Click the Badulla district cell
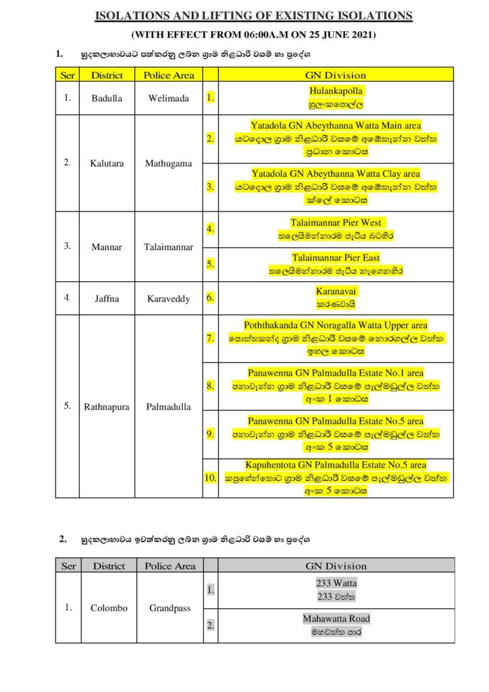coord(107,98)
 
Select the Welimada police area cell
coord(168,98)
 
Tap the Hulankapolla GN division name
coord(336,91)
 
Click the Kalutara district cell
coord(107,163)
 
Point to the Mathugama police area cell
coord(168,163)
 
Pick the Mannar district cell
coord(107,247)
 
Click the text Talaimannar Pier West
coord(336,222)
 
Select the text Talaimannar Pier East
coord(336,257)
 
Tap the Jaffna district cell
coord(107,297)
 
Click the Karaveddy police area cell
coord(168,297)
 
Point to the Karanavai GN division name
coord(336,291)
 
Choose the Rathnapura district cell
coord(107,407)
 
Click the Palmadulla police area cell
coord(168,407)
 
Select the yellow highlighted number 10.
coord(209,477)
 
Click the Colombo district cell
coord(109,608)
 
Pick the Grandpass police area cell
coord(170,608)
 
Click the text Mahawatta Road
coord(336,618)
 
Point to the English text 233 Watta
coord(336,583)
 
